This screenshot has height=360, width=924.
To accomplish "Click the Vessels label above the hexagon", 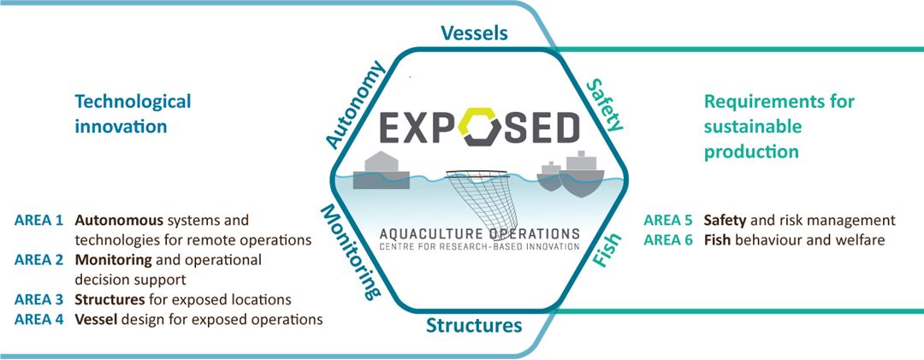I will [474, 33].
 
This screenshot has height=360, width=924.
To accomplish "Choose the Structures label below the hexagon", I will [473, 326].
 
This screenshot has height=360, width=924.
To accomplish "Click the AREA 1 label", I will [38, 220].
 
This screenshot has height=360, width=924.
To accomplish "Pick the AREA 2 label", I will [38, 259].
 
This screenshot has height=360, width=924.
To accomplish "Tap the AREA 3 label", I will [38, 300].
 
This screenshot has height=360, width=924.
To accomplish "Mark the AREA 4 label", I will [38, 320].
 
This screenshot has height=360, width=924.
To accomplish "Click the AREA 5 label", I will [667, 220].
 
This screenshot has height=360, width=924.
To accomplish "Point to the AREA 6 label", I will [667, 239].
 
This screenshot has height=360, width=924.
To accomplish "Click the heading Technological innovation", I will [133, 114].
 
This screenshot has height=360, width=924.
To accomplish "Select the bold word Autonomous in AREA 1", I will [116, 220].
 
